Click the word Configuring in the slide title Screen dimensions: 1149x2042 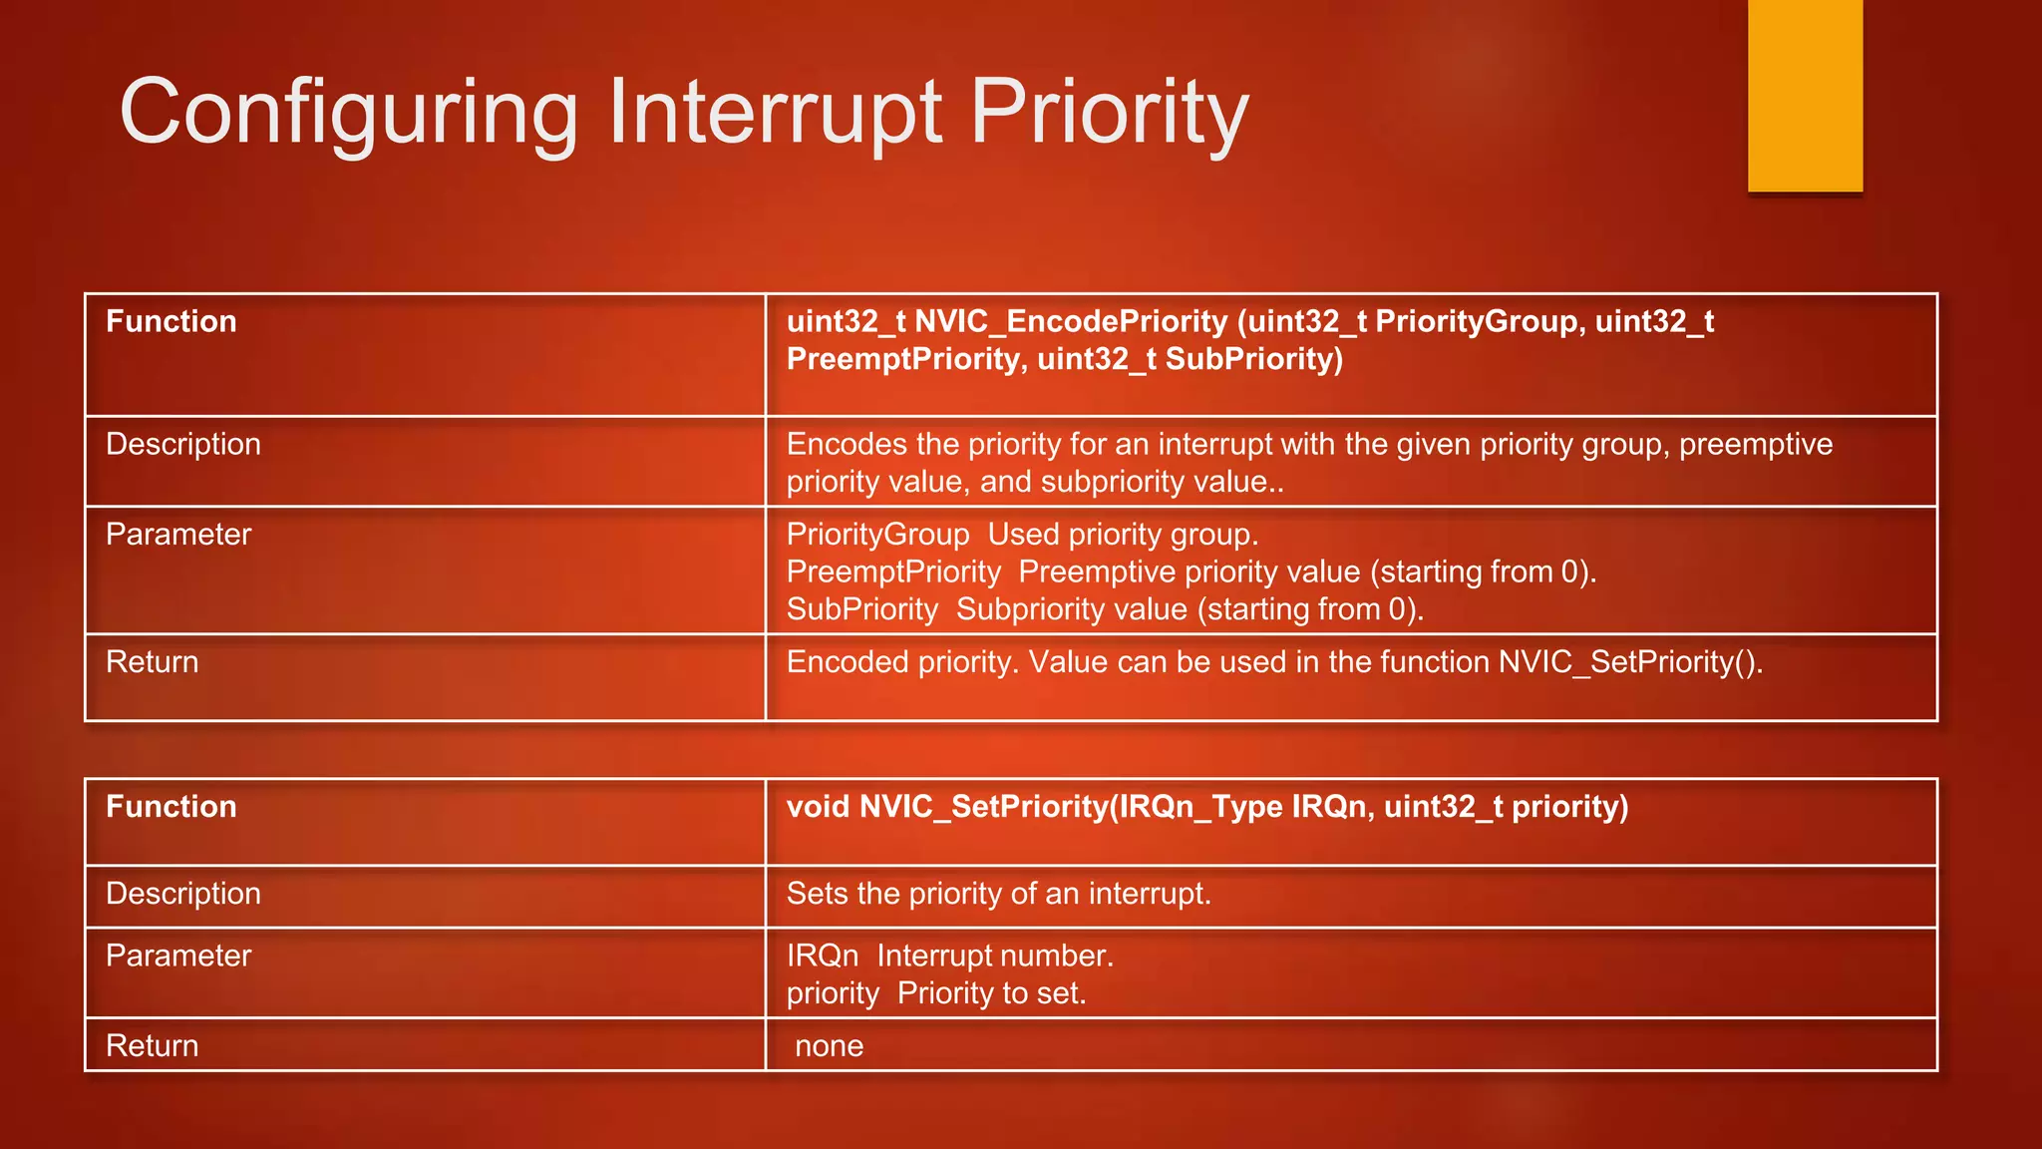[348, 113]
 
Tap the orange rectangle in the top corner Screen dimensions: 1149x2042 [1805, 96]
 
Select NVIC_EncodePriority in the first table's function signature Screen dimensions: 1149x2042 [1071, 322]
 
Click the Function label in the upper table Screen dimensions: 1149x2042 [171, 322]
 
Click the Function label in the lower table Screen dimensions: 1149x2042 [171, 807]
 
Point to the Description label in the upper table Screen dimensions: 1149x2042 [183, 445]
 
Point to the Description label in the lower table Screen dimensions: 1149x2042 [183, 894]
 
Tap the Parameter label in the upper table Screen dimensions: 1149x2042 [178, 535]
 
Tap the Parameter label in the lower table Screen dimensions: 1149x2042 [178, 956]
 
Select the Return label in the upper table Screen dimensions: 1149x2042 [153, 662]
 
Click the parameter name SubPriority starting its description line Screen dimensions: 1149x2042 [862, 609]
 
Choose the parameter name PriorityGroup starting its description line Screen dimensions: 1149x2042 [877, 535]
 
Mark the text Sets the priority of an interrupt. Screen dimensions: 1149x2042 [998, 894]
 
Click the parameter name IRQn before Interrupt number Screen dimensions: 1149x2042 [823, 956]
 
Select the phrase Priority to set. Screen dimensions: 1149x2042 [991, 993]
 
